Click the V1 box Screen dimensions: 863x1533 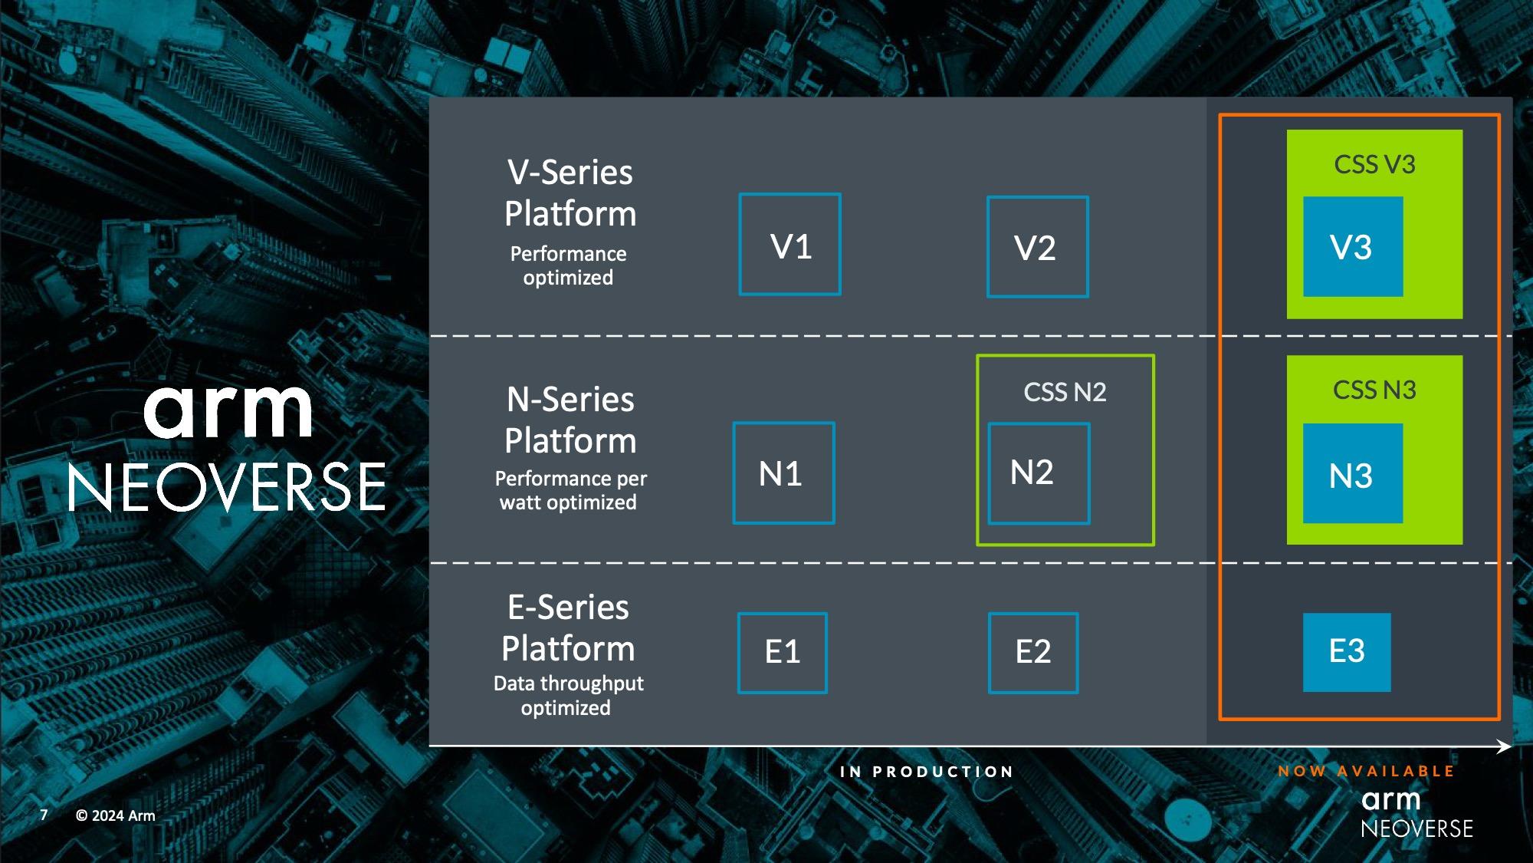click(x=789, y=245)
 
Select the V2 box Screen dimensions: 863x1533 click(x=1037, y=247)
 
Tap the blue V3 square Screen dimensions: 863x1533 click(x=1353, y=247)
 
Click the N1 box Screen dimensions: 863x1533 click(x=783, y=473)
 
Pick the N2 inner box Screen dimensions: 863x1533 click(x=1039, y=473)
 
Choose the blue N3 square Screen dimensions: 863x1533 click(x=1353, y=474)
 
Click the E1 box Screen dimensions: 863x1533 click(x=782, y=653)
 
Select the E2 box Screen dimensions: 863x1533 click(x=1032, y=653)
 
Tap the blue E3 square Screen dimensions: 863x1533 click(x=1347, y=652)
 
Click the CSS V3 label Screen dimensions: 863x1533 click(x=1374, y=164)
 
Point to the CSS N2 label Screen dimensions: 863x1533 click(x=1065, y=392)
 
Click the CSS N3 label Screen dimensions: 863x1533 click(x=1374, y=390)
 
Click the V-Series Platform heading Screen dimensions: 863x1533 click(x=570, y=193)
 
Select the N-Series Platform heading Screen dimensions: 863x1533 click(x=570, y=420)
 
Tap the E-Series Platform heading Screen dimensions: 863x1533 click(x=568, y=627)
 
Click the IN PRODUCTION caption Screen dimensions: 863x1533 click(x=926, y=772)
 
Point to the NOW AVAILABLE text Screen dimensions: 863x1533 click(x=1366, y=771)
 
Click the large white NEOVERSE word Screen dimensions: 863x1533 click(x=227, y=487)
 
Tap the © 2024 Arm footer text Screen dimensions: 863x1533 click(x=115, y=815)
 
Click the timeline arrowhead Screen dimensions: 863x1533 click(x=1504, y=746)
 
